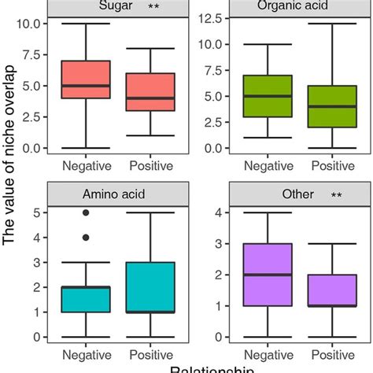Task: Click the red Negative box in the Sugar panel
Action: pos(85,79)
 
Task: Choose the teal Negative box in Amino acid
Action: pos(85,300)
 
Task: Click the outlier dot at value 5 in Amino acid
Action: pos(85,212)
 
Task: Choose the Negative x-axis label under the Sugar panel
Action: pos(85,166)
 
